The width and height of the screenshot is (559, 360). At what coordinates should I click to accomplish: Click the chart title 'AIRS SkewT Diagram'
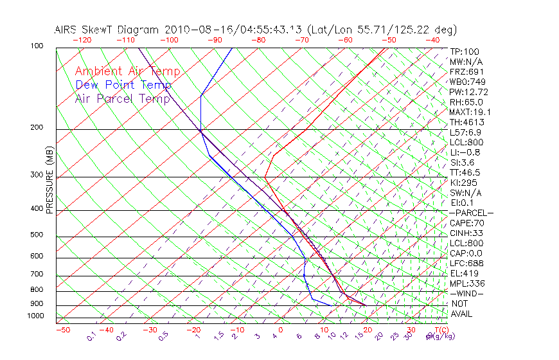[107, 30]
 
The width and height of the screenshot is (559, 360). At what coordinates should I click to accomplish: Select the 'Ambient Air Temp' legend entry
[127, 71]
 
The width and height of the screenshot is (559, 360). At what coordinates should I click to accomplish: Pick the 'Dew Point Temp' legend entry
[123, 85]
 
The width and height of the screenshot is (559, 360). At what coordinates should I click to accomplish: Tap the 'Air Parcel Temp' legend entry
[123, 98]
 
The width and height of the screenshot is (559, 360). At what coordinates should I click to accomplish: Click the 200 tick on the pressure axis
[37, 127]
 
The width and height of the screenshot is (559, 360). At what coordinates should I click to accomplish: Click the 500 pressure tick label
[37, 235]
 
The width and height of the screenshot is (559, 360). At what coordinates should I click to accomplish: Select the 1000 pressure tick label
[35, 316]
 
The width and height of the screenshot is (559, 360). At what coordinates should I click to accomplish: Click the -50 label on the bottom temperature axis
[62, 330]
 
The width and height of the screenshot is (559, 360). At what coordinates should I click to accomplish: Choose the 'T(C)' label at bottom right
[437, 330]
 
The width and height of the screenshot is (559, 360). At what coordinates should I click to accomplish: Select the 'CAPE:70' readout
[466, 223]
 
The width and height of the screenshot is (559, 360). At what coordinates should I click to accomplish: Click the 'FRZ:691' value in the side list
[466, 71]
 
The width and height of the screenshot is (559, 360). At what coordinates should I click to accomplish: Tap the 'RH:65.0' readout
[466, 102]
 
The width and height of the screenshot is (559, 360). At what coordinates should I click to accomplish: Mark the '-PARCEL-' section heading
[471, 213]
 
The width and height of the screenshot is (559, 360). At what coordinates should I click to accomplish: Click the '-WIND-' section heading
[466, 293]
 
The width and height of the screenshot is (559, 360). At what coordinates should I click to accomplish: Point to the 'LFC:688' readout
[466, 263]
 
